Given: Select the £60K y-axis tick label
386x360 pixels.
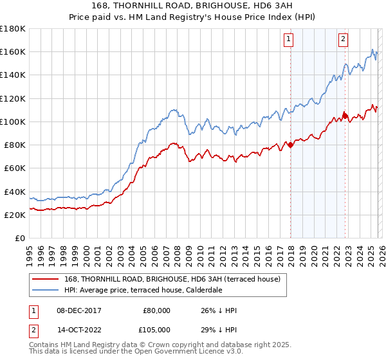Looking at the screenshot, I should click(15, 168).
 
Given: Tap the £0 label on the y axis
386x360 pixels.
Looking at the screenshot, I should click(20, 238).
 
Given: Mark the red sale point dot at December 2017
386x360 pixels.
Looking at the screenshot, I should click(290, 145).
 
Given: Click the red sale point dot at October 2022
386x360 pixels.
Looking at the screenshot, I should click(345, 116).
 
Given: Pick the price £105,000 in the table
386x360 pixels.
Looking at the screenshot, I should click(156, 330).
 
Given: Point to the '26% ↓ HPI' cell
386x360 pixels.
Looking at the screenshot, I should click(219, 310).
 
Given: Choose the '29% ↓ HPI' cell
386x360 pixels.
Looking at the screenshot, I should click(219, 330).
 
